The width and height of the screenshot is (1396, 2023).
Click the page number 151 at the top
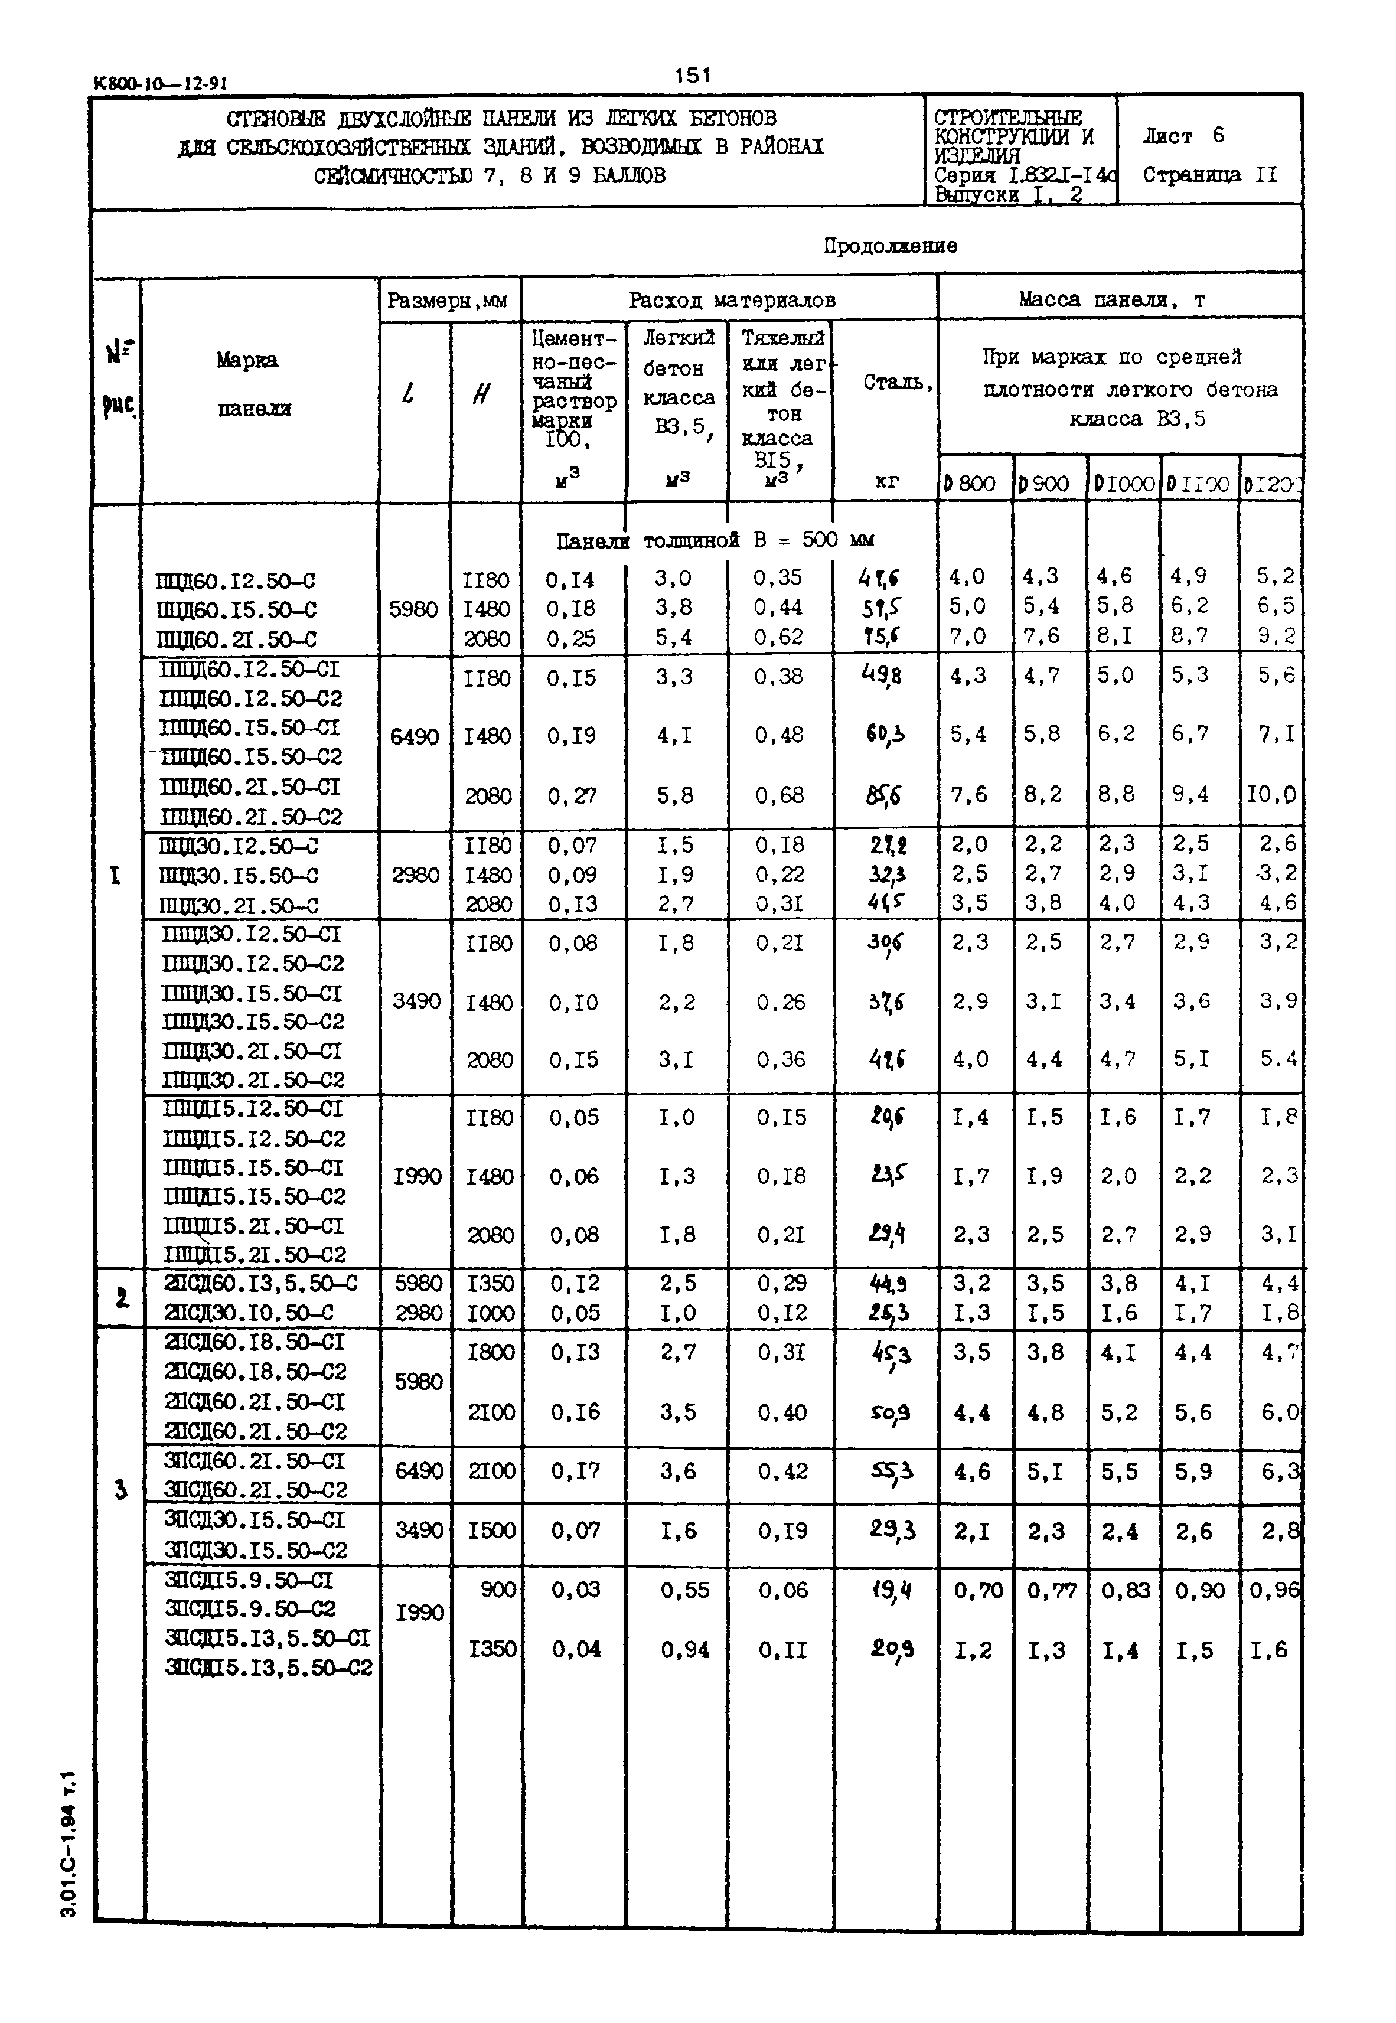coord(692,76)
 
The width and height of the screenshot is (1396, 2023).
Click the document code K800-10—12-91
coord(160,84)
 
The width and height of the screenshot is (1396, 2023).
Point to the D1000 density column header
coord(1123,484)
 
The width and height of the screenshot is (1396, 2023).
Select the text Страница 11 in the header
coord(1210,175)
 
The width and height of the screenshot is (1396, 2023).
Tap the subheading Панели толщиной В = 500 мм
coord(715,540)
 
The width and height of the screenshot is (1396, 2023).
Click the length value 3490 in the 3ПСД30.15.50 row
coord(418,1531)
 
